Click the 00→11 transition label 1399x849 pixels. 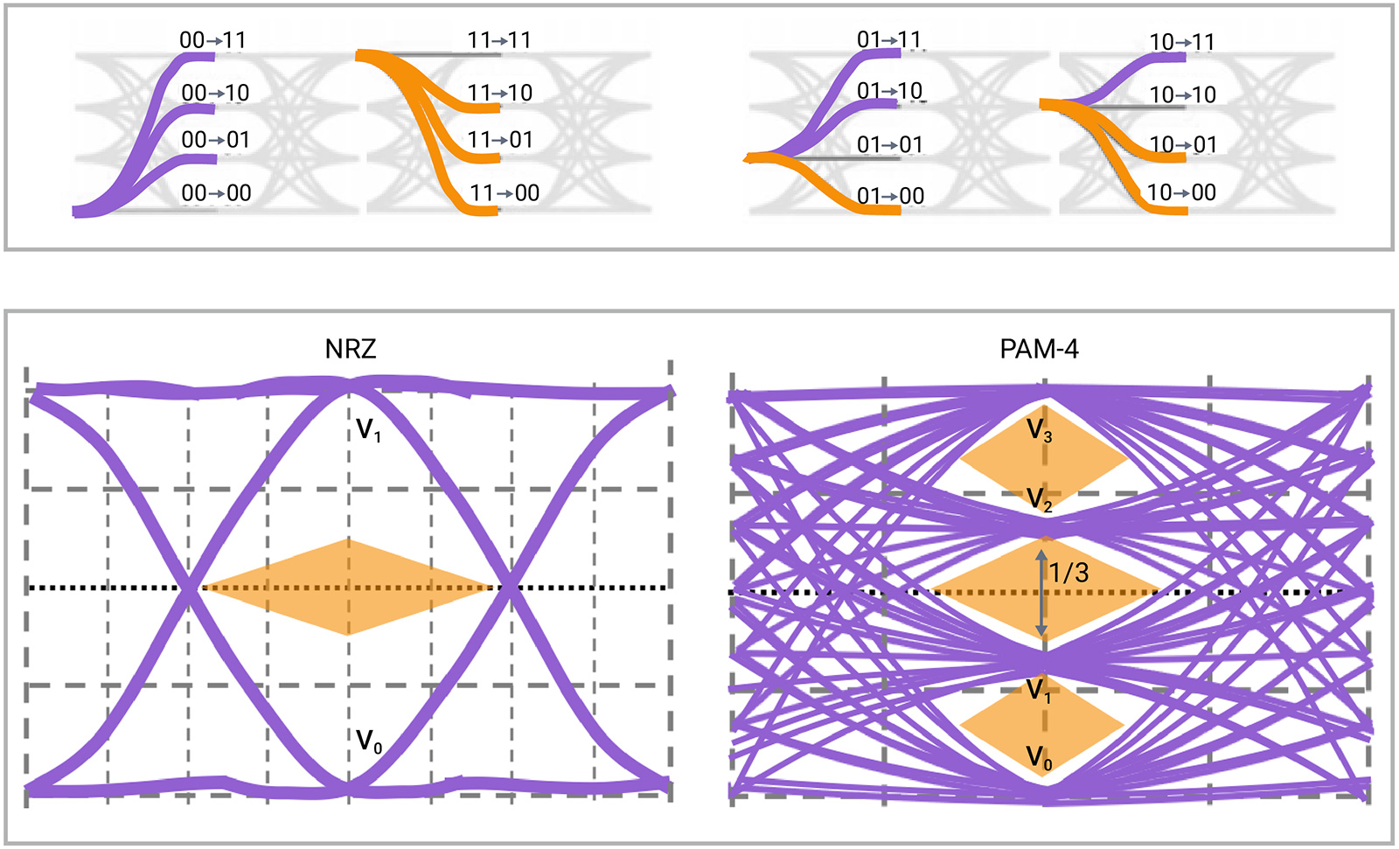(212, 40)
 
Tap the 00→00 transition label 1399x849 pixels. (216, 192)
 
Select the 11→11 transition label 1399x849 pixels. (498, 40)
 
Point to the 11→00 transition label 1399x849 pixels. (504, 192)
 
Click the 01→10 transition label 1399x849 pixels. (889, 91)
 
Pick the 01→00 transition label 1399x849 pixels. (890, 196)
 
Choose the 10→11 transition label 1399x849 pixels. (1181, 42)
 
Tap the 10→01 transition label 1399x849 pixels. (1182, 144)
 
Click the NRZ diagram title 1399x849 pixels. (351, 349)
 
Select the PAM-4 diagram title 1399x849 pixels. (1039, 349)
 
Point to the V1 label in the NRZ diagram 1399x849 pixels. (368, 429)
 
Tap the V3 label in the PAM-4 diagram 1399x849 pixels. (1039, 430)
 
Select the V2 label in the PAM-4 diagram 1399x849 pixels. (1039, 499)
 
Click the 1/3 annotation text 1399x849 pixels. (1068, 573)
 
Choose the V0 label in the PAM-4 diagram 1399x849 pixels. (1039, 757)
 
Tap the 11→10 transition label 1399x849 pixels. (499, 93)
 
